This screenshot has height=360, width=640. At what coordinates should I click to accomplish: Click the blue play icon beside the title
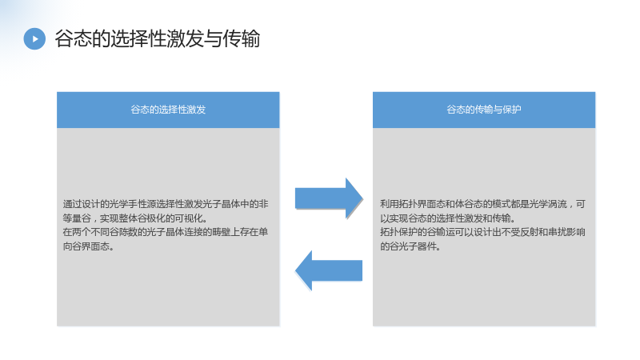click(34, 38)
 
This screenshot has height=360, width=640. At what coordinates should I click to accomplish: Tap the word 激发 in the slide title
click(183, 38)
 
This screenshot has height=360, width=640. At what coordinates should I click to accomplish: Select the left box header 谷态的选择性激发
click(168, 110)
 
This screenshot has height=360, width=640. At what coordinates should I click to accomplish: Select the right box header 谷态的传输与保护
click(484, 110)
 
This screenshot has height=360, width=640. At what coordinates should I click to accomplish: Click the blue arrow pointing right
click(329, 198)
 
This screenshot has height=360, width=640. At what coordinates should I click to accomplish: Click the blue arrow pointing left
click(329, 270)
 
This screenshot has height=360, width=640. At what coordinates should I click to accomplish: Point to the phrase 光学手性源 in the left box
click(133, 204)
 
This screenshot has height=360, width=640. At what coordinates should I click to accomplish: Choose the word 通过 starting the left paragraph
click(72, 204)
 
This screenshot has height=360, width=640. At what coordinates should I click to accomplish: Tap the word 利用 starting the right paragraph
click(390, 204)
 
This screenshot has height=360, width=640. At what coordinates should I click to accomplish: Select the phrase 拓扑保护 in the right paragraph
click(398, 232)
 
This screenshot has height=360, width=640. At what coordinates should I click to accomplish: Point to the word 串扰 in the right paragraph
click(558, 232)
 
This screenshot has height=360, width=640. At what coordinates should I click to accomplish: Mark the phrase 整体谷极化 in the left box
click(142, 218)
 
